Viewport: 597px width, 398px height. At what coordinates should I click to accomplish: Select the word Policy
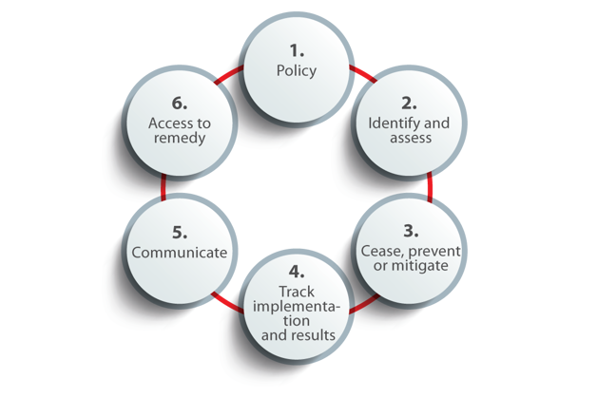click(296, 70)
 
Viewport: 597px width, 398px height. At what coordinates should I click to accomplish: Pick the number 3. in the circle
click(409, 229)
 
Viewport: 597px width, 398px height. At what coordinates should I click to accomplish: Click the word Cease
click(382, 250)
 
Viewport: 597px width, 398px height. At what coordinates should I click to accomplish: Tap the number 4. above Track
click(296, 271)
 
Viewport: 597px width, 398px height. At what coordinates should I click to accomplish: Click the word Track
click(296, 290)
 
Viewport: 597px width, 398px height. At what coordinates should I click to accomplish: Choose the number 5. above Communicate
click(180, 232)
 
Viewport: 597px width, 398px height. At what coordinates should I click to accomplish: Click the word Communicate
click(180, 253)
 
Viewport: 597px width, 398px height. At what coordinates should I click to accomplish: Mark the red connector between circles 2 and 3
click(430, 186)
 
